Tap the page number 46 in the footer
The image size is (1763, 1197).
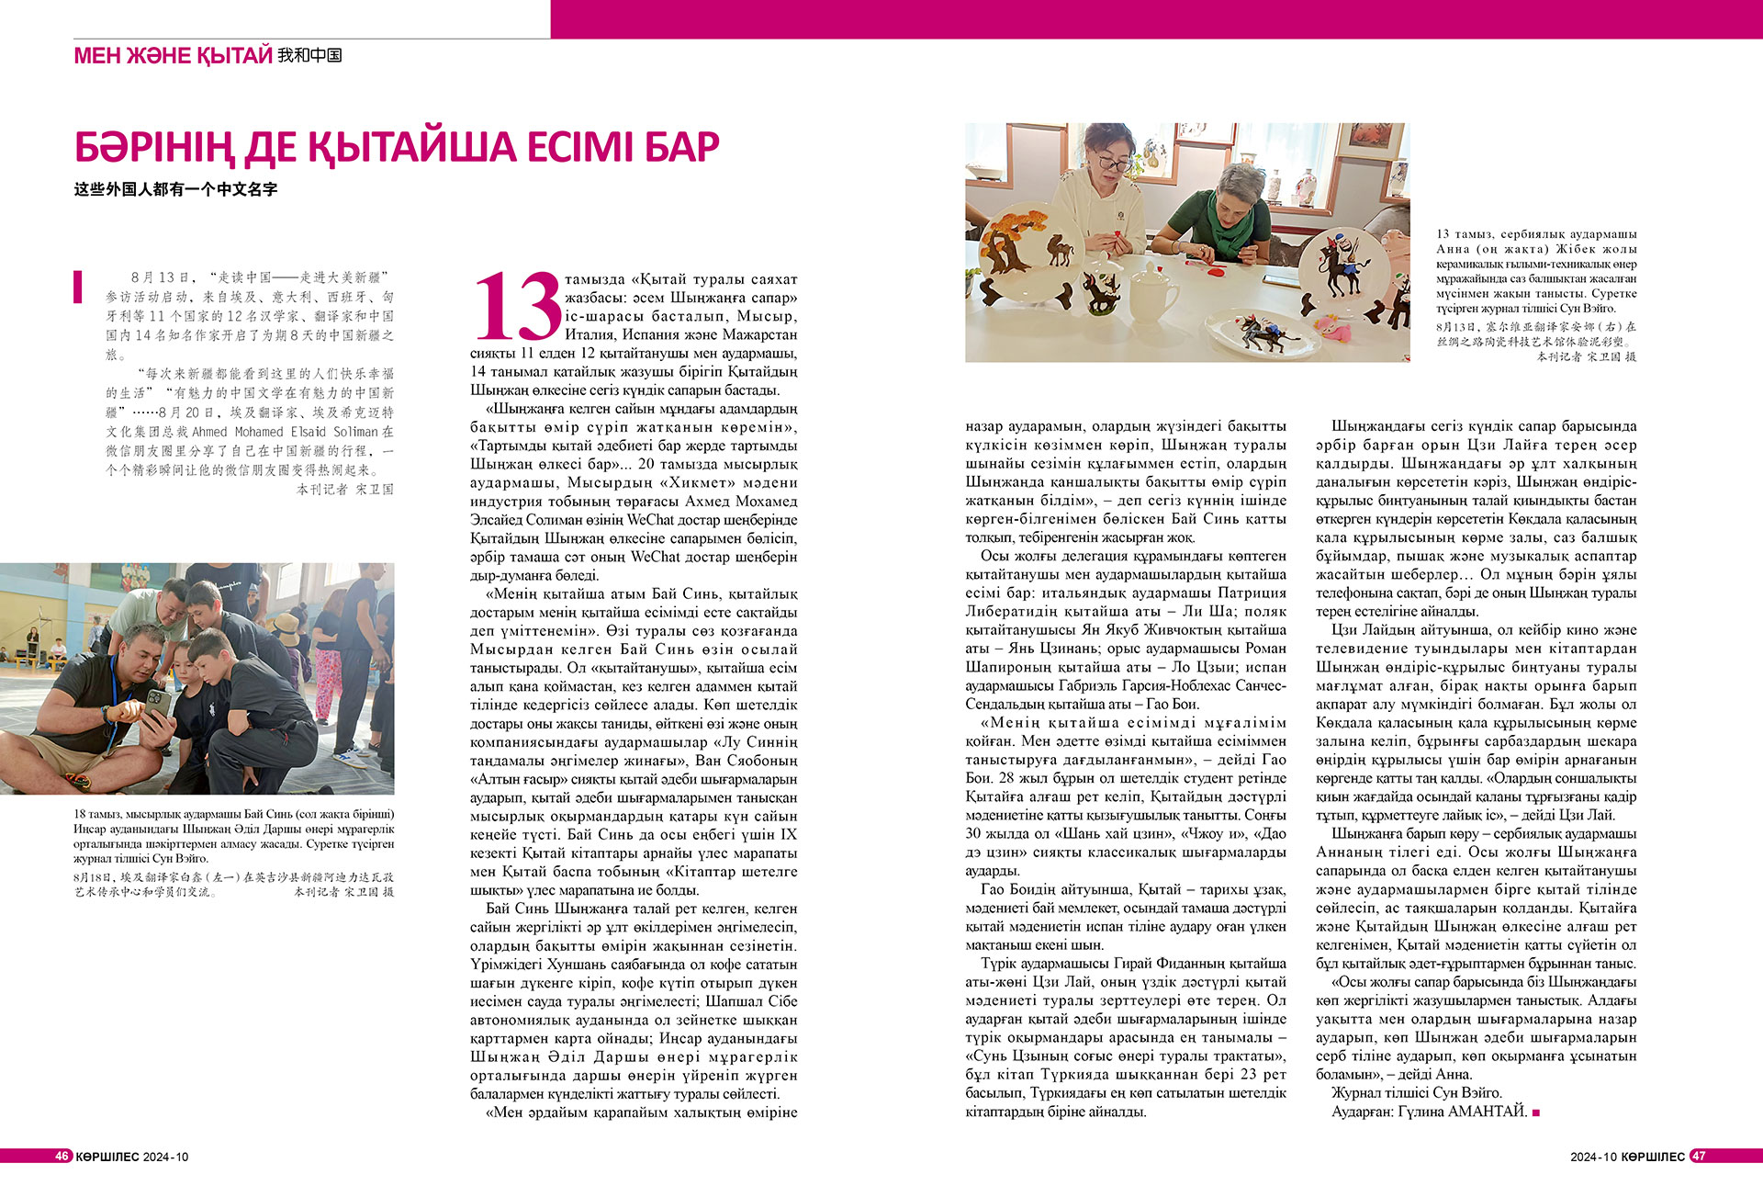(x=62, y=1156)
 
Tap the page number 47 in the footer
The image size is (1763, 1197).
(x=1699, y=1156)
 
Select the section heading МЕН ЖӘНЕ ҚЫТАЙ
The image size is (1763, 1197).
(x=173, y=55)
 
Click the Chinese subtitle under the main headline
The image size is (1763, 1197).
(x=175, y=189)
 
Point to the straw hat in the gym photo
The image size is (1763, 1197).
(x=285, y=623)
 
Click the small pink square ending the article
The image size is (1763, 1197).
(x=1536, y=1112)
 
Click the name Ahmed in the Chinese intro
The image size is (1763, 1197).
(x=209, y=432)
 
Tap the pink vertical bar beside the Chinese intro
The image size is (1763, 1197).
(x=78, y=287)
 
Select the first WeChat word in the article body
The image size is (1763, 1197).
(x=650, y=520)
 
